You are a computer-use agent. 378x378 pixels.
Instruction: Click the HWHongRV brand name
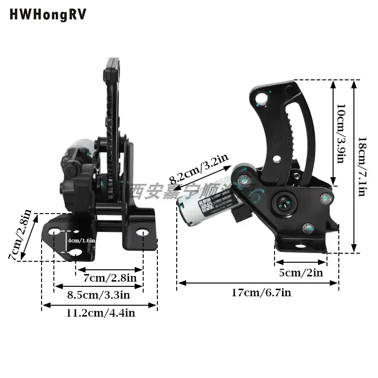point(48,15)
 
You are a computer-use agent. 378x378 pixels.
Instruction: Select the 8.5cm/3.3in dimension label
point(98,295)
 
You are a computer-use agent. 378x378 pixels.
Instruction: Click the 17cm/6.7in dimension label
point(261,293)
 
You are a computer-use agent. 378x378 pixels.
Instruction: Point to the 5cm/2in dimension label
point(301,273)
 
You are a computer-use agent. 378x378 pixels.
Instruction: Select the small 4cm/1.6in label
point(82,241)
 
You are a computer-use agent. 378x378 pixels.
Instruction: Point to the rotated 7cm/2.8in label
point(22,235)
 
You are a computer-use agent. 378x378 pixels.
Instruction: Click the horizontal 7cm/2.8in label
point(110,278)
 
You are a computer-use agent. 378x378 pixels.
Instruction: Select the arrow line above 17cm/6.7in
point(258,283)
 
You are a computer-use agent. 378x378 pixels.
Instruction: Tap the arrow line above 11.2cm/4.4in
point(100,306)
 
